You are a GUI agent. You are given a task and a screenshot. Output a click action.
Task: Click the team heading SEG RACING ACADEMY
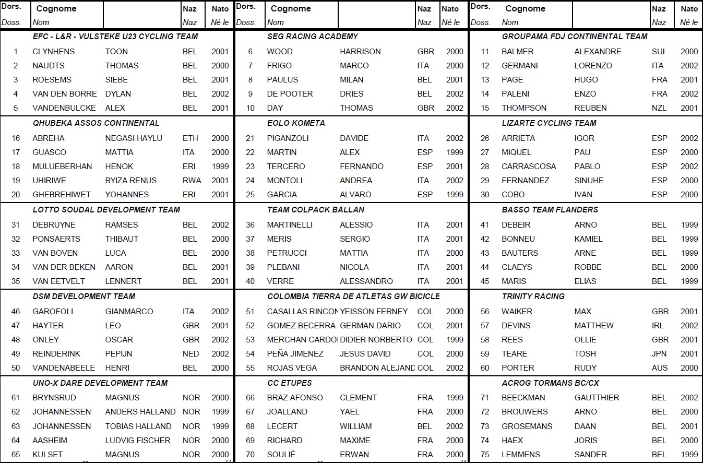coord(312,37)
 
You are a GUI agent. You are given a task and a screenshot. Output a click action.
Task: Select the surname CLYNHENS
coord(53,52)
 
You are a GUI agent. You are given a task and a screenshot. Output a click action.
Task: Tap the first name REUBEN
coord(590,108)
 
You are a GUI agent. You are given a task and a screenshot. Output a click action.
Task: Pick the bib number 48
coord(16,340)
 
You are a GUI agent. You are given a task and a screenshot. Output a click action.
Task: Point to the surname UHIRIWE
coord(49,181)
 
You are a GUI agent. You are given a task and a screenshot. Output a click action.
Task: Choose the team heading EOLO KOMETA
coord(296,123)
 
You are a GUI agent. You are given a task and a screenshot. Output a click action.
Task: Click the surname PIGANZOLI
coord(288,138)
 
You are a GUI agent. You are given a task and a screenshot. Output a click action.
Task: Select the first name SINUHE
coord(589,181)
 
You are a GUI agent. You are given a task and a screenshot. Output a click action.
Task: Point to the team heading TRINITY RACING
coord(533,296)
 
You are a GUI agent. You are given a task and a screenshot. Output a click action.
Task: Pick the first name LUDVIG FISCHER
coord(138,441)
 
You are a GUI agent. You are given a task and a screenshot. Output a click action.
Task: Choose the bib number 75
coord(485,455)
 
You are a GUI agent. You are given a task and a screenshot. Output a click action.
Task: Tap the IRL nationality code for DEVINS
coord(658,326)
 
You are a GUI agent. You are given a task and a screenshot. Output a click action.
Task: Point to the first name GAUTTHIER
coord(597,398)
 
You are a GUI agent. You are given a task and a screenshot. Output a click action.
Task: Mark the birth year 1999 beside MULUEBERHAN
coord(220,167)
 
